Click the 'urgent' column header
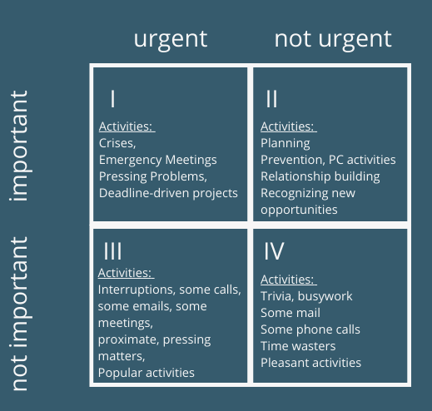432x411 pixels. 171,40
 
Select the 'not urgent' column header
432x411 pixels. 333,40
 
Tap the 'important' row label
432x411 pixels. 21,146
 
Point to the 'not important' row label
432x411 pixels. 19,314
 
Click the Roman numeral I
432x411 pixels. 112,98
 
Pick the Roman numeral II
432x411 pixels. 271,98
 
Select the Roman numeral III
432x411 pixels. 112,251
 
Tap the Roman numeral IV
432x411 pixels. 274,251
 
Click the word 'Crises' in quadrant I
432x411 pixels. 117,143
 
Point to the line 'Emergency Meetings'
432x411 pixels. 158,161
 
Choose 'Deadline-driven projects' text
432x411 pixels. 168,193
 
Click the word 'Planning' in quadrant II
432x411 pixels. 286,144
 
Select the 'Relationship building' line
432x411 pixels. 320,176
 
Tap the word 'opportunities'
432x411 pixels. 299,210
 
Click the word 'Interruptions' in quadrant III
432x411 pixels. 136,290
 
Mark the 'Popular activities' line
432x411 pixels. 146,373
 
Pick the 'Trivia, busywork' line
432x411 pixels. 306,296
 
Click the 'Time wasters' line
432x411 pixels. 298,346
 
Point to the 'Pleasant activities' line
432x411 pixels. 310,363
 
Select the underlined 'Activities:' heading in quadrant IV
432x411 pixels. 289,280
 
